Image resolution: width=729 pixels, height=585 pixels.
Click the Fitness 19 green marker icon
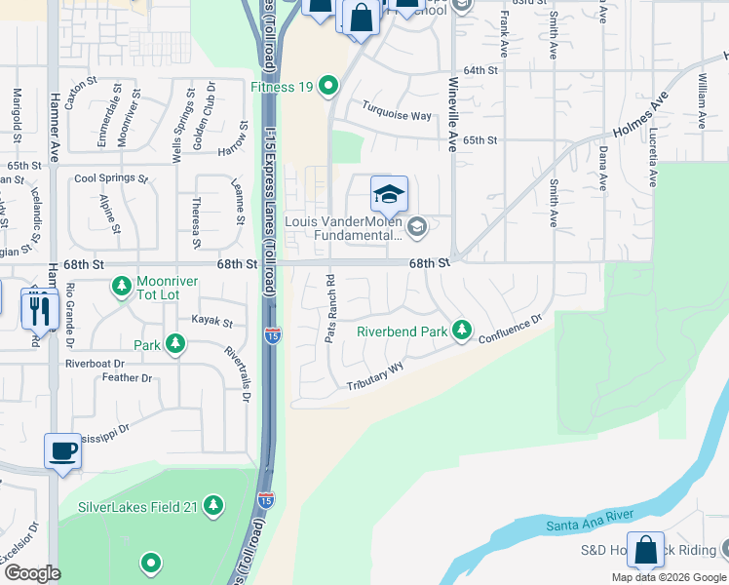tap(329, 87)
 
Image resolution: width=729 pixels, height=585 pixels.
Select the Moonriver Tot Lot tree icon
tap(122, 287)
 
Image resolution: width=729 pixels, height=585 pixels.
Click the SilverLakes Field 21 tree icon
tap(213, 507)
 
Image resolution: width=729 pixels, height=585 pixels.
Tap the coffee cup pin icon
tap(63, 451)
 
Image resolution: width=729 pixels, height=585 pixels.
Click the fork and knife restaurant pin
tap(39, 309)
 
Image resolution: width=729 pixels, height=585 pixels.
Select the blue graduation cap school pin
tap(388, 194)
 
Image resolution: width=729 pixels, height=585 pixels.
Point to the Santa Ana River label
tap(591, 521)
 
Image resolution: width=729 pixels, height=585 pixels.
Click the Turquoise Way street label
tap(397, 115)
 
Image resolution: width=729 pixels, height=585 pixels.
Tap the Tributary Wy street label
tap(375, 378)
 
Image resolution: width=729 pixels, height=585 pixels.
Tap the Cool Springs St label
tap(111, 179)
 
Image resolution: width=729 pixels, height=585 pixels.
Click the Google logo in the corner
tap(32, 573)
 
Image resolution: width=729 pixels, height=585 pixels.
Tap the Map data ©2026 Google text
tap(668, 577)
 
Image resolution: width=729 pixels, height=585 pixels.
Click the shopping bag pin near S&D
tap(645, 550)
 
